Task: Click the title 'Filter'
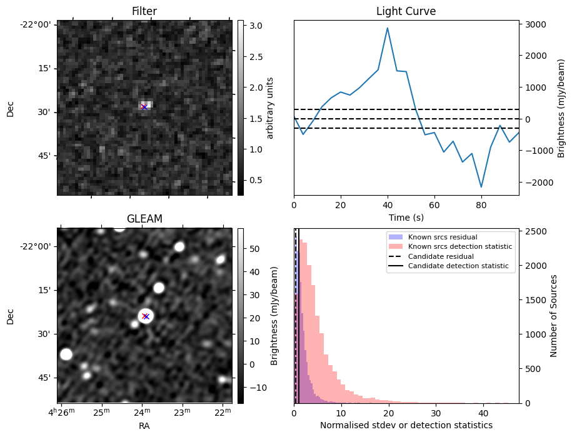tap(144, 11)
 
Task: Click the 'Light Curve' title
tap(406, 11)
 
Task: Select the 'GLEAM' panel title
tap(144, 219)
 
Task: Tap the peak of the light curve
tap(388, 28)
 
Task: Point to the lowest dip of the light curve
tap(481, 186)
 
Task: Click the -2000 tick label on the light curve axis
tap(536, 183)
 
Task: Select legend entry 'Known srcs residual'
tap(442, 238)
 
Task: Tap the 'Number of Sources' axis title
tap(554, 315)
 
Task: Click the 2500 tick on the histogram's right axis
tap(534, 231)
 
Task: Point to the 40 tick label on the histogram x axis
tap(483, 413)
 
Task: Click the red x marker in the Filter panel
tap(144, 107)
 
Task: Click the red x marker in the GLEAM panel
tap(145, 316)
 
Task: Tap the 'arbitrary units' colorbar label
tap(270, 108)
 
